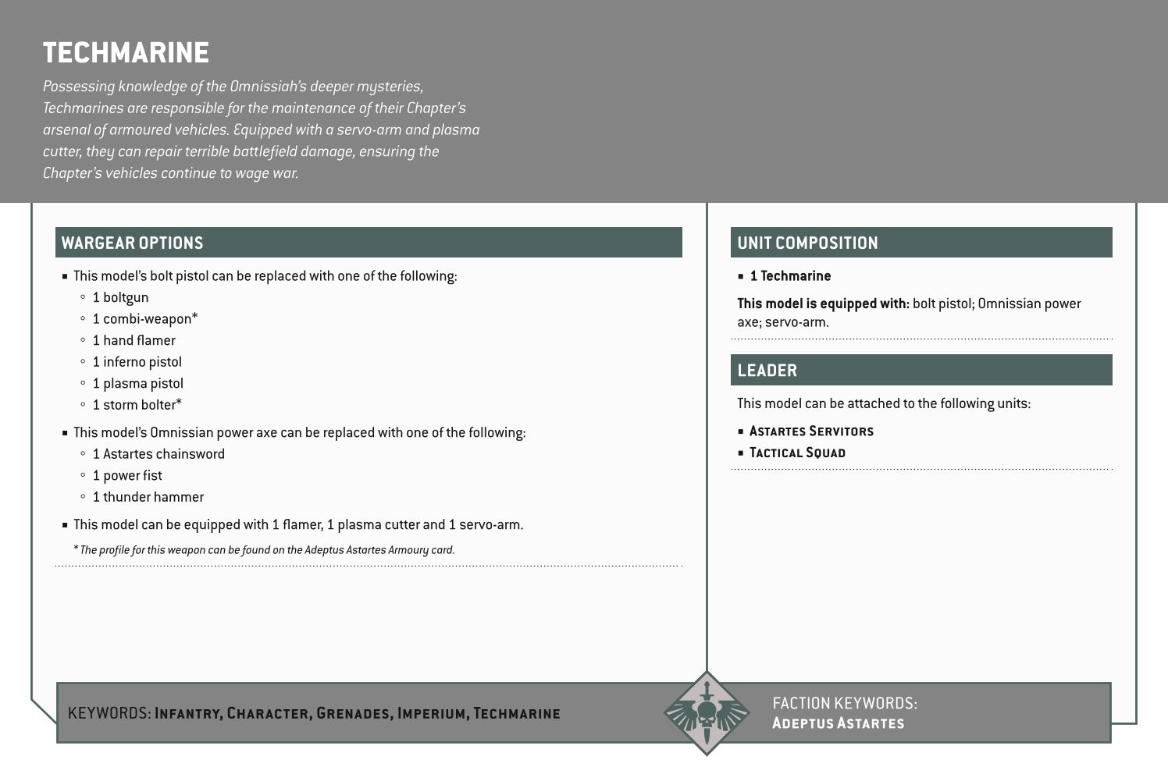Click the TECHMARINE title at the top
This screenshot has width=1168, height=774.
click(x=126, y=53)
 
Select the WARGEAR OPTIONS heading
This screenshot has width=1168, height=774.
click(x=132, y=243)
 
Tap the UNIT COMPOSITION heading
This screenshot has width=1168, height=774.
click(x=807, y=243)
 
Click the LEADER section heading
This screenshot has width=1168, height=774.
click(x=767, y=371)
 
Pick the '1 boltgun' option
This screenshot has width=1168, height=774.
click(x=120, y=297)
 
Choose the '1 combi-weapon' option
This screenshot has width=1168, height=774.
click(x=144, y=318)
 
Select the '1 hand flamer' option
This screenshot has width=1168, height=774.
click(x=134, y=340)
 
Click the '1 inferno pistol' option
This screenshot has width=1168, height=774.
click(x=137, y=362)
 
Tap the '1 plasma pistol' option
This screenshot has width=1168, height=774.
click(x=137, y=383)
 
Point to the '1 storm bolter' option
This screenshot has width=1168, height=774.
click(x=137, y=405)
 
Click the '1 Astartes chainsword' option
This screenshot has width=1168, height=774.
click(x=158, y=454)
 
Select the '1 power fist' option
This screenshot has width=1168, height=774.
click(x=127, y=475)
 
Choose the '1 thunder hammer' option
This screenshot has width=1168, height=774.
click(x=148, y=497)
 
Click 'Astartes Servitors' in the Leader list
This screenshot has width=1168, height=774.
click(x=811, y=431)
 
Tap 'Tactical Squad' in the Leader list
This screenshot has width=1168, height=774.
click(x=797, y=453)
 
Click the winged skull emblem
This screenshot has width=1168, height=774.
click(x=706, y=713)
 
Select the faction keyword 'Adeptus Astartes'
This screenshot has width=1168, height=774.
click(x=838, y=723)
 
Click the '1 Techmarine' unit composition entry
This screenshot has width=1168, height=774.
click(x=790, y=276)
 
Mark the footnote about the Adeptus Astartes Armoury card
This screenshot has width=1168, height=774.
click(x=264, y=550)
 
